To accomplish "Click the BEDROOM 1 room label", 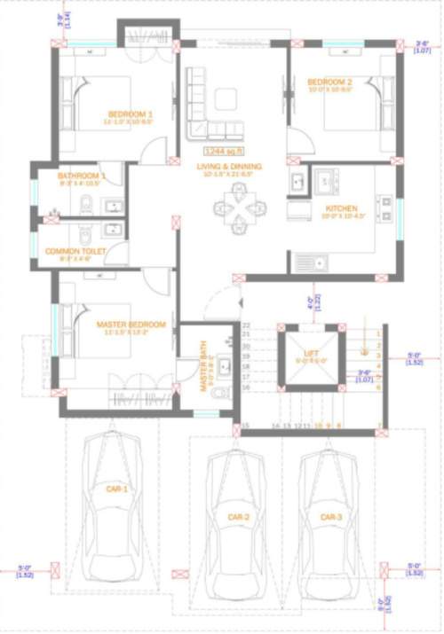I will pos(131,113).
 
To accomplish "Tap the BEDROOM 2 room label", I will pos(329,82).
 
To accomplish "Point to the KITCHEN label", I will pos(341,210).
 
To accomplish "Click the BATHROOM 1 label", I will pos(82,176).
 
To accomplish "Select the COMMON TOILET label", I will pos(75,252).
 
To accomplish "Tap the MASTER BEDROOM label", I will pos(131,325).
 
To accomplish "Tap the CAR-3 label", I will pos(330,517).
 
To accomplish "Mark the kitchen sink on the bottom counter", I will pos(311,262).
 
